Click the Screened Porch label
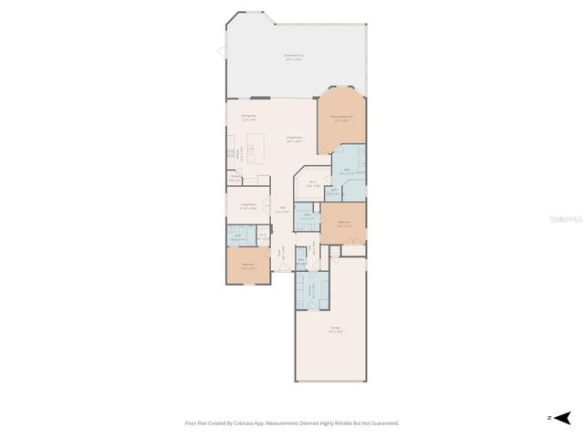coord(294,56)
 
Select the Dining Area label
coord(248,116)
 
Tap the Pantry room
coord(235,179)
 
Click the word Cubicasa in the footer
coord(245,423)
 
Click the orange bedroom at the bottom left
coord(248,266)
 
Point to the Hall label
coord(283,209)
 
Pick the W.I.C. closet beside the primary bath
coord(313,182)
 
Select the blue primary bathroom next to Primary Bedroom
coord(347,169)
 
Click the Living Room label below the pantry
coord(248,204)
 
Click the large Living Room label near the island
coord(294,139)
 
